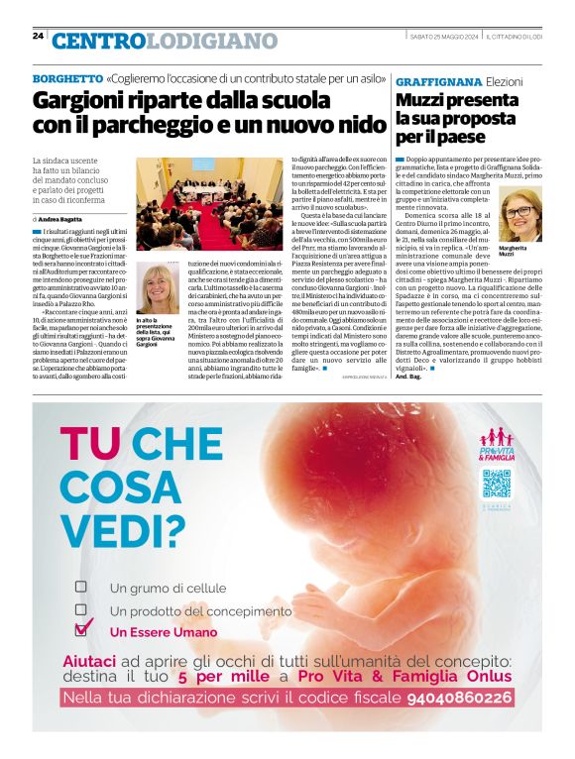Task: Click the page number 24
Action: pyautogui.click(x=38, y=36)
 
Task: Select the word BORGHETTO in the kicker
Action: pyautogui.click(x=67, y=78)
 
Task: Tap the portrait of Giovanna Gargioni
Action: pyautogui.click(x=158, y=289)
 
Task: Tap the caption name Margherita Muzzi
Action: pyautogui.click(x=514, y=252)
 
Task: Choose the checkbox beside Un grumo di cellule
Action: pyautogui.click(x=81, y=587)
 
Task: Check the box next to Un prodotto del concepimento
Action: pyautogui.click(x=81, y=609)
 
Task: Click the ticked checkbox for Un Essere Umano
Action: pyautogui.click(x=83, y=629)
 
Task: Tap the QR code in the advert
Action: pyautogui.click(x=496, y=484)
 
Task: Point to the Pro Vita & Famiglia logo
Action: pyautogui.click(x=496, y=444)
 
